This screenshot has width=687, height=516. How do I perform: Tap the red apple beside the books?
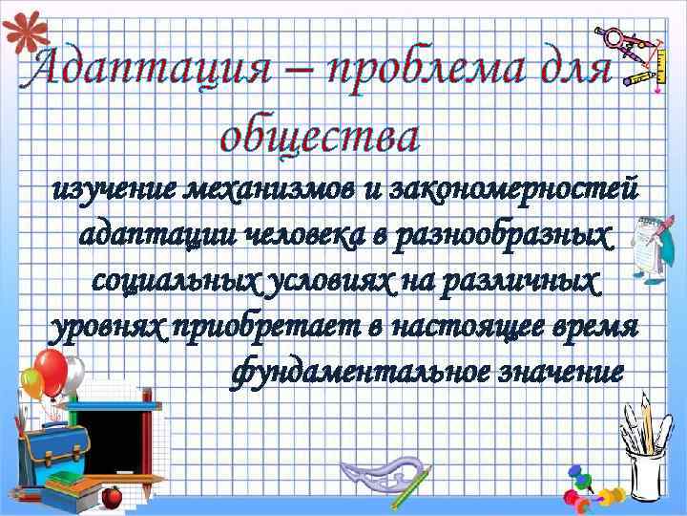pyautogui.click(x=112, y=496)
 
